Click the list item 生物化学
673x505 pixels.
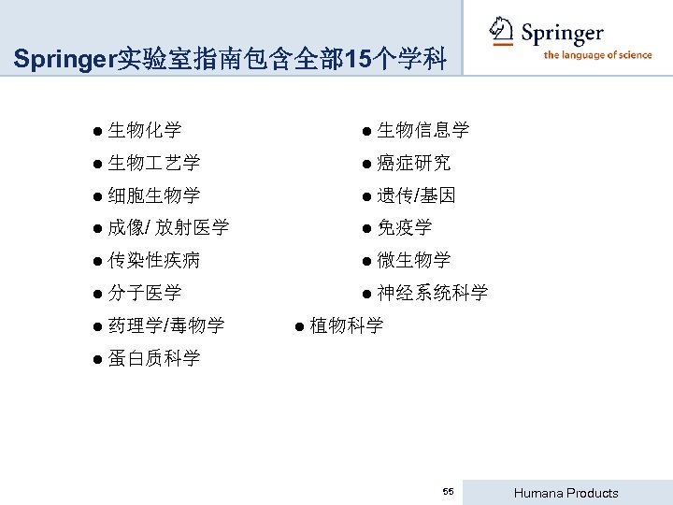[x=144, y=130]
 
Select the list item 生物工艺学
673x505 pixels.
[x=153, y=163]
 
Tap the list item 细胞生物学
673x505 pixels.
[x=153, y=195]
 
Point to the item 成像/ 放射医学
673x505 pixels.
[x=168, y=227]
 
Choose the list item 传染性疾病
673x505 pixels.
[x=153, y=260]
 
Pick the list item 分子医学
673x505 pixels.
[x=144, y=293]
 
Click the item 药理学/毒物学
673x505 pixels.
[x=165, y=325]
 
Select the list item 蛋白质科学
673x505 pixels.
[x=153, y=358]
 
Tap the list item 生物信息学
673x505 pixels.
[x=422, y=130]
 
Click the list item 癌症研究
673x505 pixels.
[x=413, y=163]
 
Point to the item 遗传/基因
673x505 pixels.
[x=416, y=195]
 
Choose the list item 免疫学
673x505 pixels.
[x=404, y=227]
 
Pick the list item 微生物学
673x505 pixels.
[x=413, y=260]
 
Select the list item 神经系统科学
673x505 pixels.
[x=432, y=293]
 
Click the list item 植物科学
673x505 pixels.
[x=346, y=325]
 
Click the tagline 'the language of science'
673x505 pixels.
[x=597, y=55]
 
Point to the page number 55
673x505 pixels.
[x=449, y=492]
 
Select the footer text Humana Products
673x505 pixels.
[x=567, y=493]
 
